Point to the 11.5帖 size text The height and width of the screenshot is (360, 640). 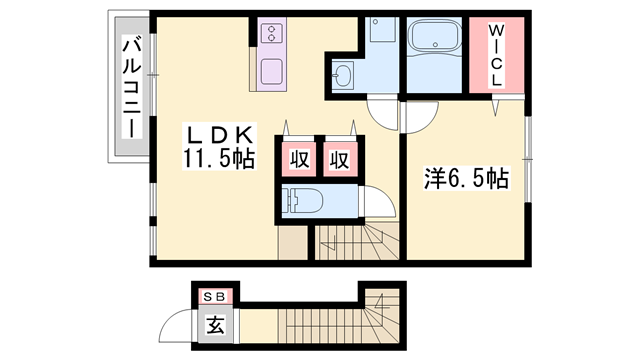coord(219,157)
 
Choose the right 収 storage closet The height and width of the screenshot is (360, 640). coord(339,158)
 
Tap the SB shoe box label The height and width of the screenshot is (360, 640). coord(215,296)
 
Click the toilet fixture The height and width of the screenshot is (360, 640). coord(303,200)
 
